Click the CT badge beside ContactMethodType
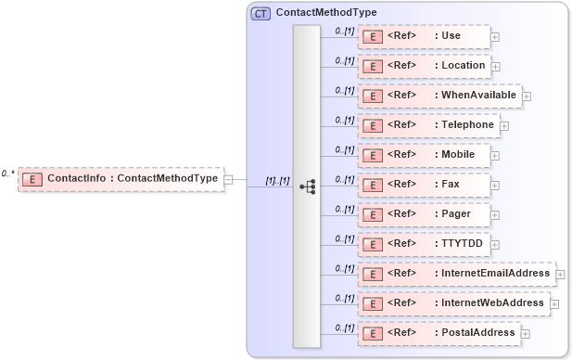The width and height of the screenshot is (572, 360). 261,14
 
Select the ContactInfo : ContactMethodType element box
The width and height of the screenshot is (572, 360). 121,178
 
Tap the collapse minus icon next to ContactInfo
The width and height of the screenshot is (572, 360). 229,179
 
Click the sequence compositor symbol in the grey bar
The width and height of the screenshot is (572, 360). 307,186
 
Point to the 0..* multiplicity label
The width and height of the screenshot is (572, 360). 7,174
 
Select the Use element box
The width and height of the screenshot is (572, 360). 423,36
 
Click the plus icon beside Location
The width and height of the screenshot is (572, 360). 496,67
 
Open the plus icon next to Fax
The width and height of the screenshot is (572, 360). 495,186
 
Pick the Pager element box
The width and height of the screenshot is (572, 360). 423,214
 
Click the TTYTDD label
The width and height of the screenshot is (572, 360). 455,244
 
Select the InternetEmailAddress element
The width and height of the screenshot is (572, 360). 454,274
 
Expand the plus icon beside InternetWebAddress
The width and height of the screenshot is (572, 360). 554,303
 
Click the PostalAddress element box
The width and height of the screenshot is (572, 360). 439,333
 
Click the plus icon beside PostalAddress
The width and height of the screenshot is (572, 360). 526,334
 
